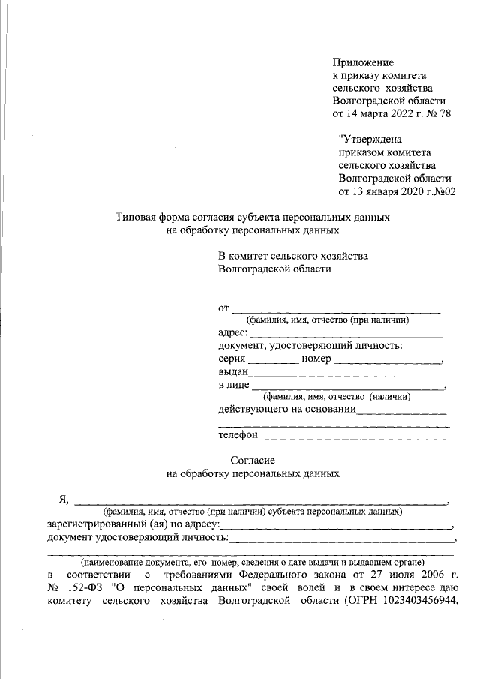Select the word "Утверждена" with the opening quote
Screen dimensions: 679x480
(x=370, y=139)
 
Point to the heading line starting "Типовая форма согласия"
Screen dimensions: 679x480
(x=252, y=217)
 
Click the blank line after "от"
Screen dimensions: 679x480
(x=335, y=309)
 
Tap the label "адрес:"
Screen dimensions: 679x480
(x=232, y=332)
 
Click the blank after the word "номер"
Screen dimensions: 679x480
(x=388, y=362)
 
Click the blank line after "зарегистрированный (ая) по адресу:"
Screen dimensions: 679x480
(x=336, y=527)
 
